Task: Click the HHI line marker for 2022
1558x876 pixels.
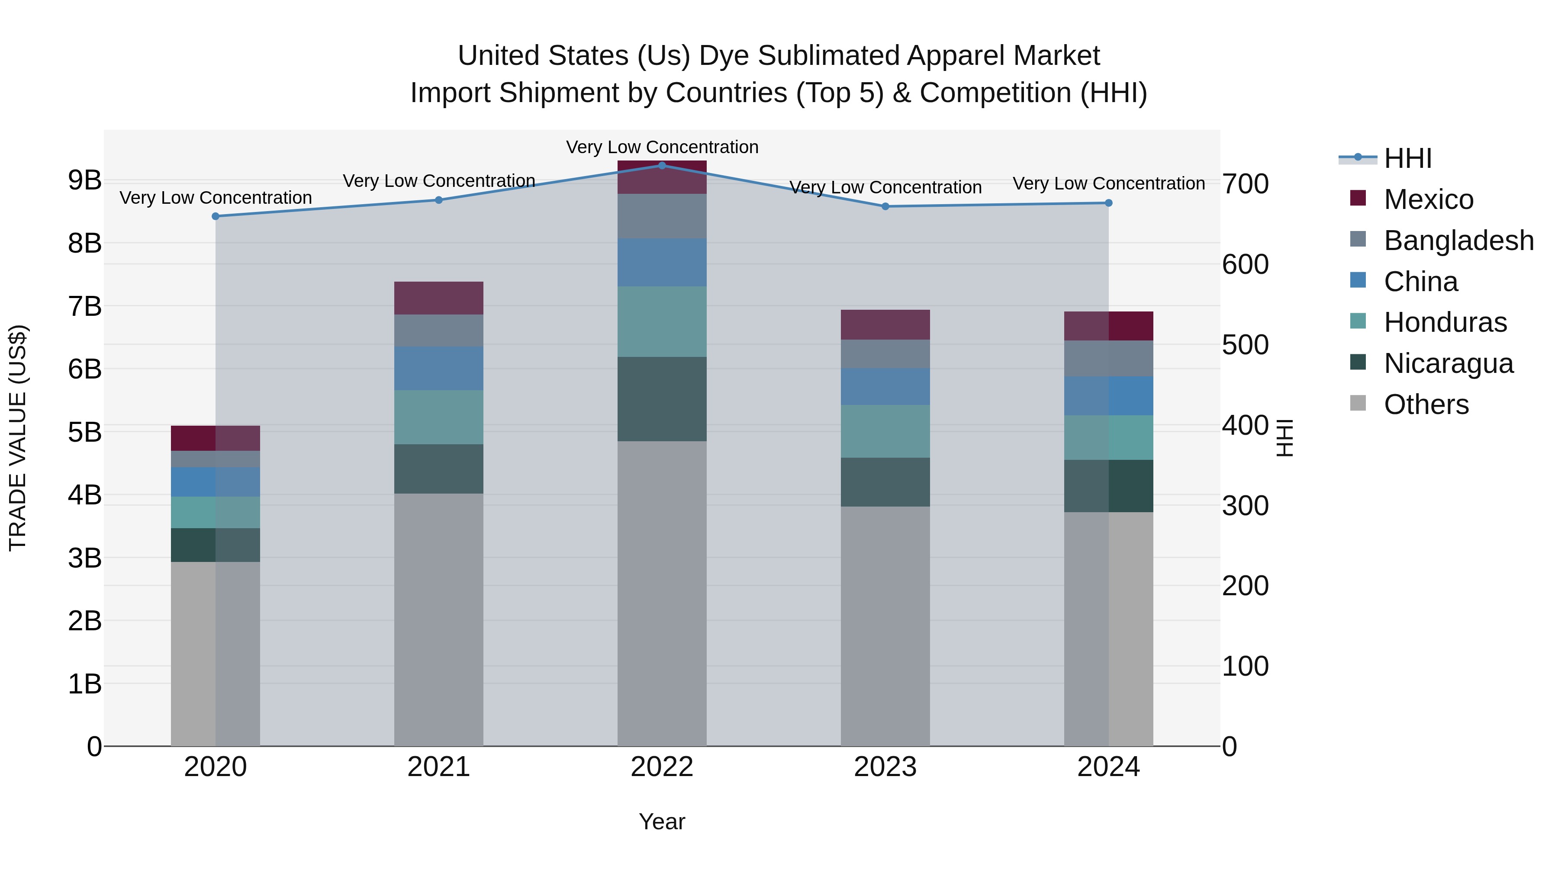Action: point(662,165)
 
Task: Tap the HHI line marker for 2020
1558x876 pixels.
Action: point(216,216)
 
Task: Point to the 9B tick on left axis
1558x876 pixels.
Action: point(85,180)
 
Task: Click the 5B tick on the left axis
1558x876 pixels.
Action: point(85,432)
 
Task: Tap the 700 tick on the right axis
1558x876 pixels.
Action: point(1245,184)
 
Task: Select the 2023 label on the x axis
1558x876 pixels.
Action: point(885,767)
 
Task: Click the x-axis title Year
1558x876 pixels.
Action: point(662,821)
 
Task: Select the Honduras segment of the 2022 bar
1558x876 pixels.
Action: point(662,321)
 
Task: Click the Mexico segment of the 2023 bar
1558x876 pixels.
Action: point(885,324)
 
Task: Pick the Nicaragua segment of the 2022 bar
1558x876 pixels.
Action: point(662,399)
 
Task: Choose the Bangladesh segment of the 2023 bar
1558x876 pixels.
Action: point(885,354)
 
